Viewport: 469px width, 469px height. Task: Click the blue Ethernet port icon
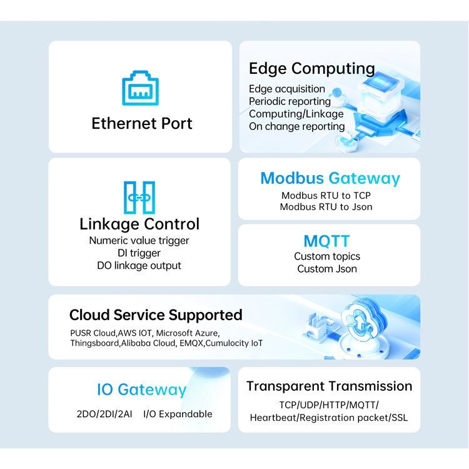tap(140, 90)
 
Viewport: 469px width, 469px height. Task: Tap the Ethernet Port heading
tap(142, 123)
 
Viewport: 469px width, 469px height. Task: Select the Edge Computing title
tap(311, 68)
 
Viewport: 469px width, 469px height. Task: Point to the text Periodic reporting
tap(290, 101)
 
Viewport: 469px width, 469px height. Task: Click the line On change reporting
tap(296, 126)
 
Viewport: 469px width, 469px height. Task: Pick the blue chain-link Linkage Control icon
tap(139, 198)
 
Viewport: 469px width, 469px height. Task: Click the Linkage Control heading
tap(139, 224)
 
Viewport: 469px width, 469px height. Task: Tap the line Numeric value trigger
tap(139, 241)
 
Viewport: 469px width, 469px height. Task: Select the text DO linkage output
tap(139, 266)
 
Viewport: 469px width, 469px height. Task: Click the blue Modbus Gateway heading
tap(330, 178)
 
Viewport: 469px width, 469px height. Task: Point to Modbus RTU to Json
tap(326, 207)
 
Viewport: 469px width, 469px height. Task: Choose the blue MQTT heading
tap(326, 241)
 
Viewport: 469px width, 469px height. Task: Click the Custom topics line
tap(327, 256)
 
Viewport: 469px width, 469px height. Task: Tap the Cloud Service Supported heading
tap(156, 315)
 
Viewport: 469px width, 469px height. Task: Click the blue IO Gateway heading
tap(141, 390)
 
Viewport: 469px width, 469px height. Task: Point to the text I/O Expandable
tap(178, 414)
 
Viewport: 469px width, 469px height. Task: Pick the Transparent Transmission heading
tap(329, 386)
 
